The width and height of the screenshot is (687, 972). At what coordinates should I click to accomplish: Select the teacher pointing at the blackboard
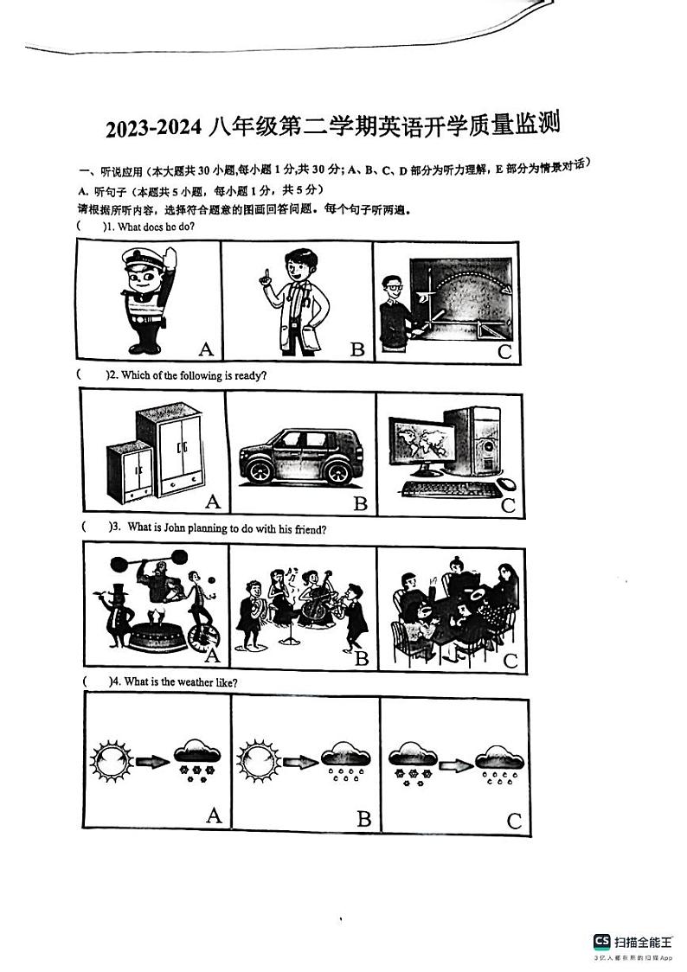[x=393, y=312]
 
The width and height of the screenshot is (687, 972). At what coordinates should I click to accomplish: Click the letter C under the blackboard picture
[x=505, y=350]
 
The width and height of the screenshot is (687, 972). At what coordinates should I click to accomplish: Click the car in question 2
[x=297, y=455]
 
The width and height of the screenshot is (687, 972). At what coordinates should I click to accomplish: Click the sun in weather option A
[x=112, y=762]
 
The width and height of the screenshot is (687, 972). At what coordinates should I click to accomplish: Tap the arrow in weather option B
[x=300, y=762]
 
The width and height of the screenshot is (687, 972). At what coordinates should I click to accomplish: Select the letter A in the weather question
[x=213, y=815]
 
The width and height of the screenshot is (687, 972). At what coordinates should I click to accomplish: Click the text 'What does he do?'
[x=156, y=227]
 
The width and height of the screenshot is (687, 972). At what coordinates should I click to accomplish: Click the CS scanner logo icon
[x=601, y=942]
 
